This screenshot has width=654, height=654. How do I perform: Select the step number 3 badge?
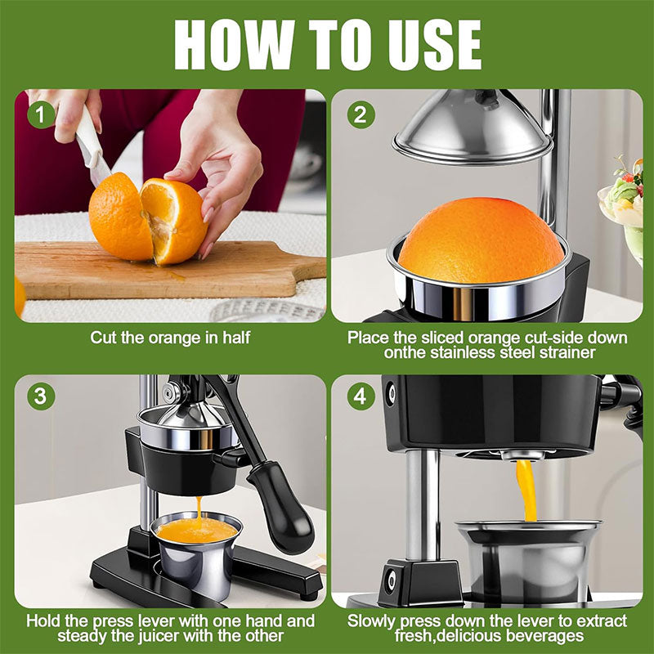pos(38,398)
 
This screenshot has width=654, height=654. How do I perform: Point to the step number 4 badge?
pos(360,398)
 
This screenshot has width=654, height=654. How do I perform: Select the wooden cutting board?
pos(163,274)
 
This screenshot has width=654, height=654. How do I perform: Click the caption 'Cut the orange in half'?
pos(170,337)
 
